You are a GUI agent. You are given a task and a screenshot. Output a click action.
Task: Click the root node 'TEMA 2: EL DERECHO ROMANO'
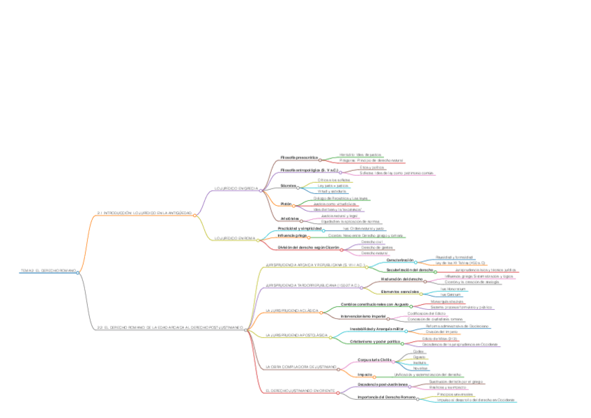pos(48,271)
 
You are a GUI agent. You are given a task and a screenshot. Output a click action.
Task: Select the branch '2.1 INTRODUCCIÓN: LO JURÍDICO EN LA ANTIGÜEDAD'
pos(144,213)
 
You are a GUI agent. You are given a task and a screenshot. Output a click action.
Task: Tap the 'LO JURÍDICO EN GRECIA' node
pos(236,188)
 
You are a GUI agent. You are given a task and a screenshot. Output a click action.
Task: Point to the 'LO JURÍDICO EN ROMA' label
pos(234,239)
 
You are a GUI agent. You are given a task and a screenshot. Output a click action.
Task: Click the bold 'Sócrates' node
pos(288,186)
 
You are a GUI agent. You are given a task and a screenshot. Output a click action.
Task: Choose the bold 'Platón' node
pos(286,204)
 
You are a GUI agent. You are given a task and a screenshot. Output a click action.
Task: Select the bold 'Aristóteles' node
pos(290,218)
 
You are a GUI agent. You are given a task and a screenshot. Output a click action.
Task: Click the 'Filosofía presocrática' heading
pos(299,158)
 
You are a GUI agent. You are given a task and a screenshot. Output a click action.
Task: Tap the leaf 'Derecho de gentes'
pos(378,247)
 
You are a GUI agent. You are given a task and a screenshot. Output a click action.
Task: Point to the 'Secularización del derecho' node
pos(410,269)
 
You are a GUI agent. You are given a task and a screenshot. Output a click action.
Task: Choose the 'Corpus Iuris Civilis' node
pos(375,360)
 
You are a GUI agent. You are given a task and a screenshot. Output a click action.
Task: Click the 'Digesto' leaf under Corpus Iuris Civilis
pos(420,357)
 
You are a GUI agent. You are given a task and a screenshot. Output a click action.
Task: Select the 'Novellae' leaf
pos(420,368)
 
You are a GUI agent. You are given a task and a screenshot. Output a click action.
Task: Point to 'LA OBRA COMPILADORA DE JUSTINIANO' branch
pos(300,367)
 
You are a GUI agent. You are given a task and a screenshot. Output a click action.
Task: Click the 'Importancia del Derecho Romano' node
pos(386,397)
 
